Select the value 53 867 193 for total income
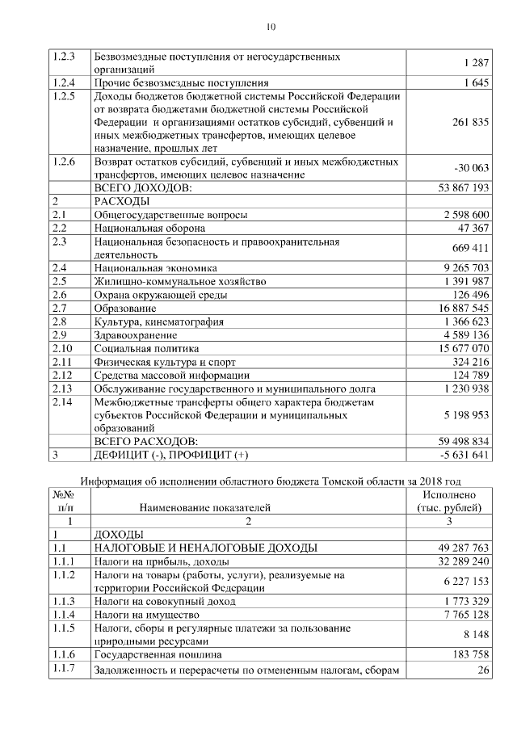coord(455,187)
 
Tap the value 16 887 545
coord(455,309)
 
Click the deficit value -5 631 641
coord(456,455)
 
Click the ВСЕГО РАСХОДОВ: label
coord(146,441)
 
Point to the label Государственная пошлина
coord(158,653)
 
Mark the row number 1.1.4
coord(65,614)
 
